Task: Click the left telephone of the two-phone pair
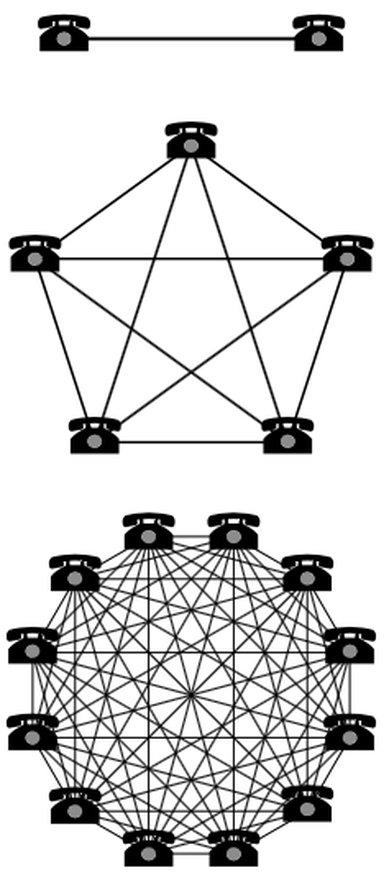coord(64,34)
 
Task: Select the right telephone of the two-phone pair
coord(319,34)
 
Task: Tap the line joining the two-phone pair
coord(191,38)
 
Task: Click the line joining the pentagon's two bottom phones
coord(191,442)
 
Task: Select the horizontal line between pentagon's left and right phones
coord(191,260)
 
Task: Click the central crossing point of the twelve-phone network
coord(190,695)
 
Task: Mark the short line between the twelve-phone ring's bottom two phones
coord(191,853)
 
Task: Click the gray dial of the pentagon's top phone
coord(191,146)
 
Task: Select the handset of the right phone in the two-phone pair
coord(319,21)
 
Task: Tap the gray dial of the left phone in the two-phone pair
coord(64,39)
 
